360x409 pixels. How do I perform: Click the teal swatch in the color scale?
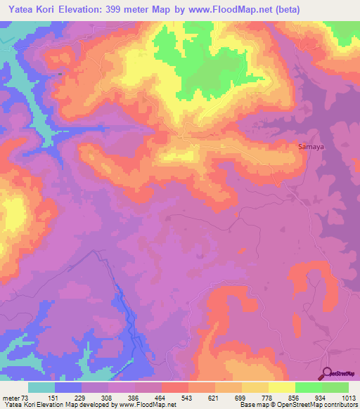[41, 387]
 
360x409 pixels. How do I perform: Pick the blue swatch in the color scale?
[68, 387]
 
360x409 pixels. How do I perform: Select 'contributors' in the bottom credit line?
[339, 405]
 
